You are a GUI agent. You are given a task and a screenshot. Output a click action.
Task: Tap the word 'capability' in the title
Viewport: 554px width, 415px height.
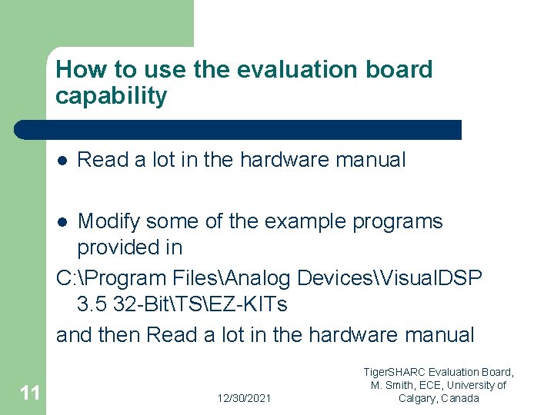point(111,97)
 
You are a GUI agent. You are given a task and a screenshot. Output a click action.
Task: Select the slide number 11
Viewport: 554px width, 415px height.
point(30,393)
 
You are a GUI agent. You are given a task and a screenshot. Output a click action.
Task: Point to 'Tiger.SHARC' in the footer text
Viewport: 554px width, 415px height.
point(396,372)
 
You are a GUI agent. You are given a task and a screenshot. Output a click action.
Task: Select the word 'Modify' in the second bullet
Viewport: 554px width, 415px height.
point(108,221)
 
